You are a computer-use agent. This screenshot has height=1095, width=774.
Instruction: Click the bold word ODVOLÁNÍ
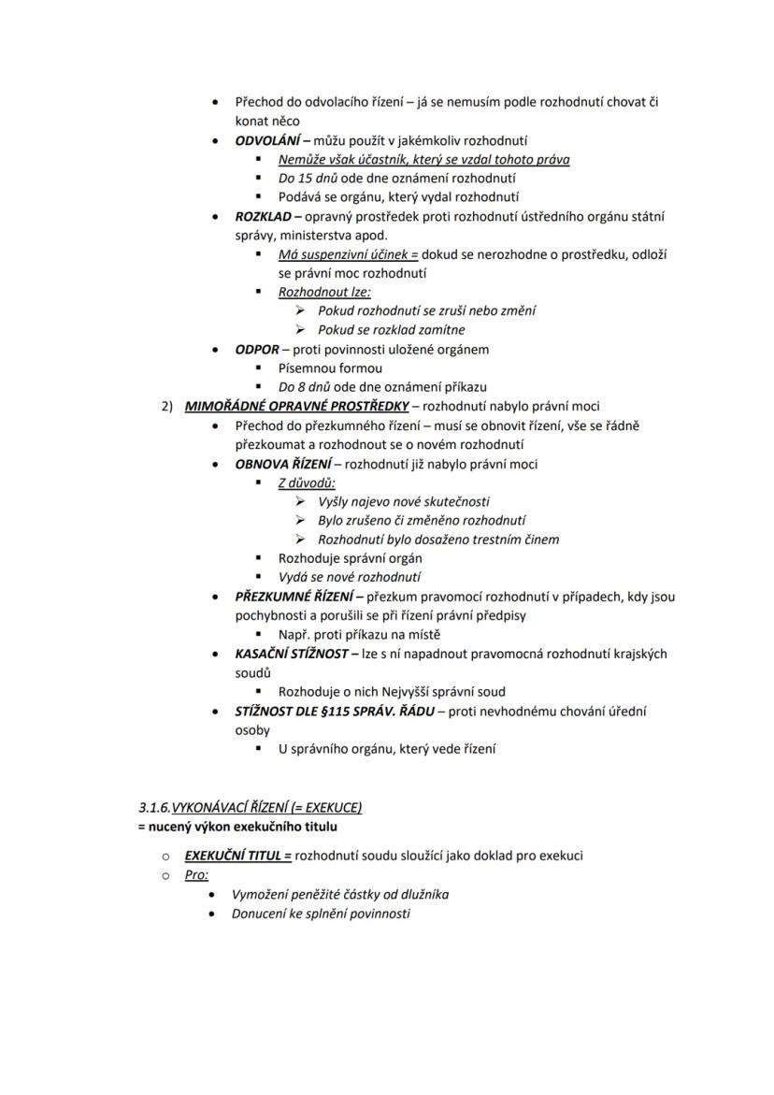tap(265, 140)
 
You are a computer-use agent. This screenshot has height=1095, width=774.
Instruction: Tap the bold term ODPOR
tap(257, 350)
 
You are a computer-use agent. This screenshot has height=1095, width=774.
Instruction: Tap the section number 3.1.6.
tap(154, 807)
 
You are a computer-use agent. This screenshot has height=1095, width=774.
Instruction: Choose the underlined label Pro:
tap(196, 875)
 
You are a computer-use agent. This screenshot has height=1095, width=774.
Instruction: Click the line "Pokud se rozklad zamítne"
tap(391, 330)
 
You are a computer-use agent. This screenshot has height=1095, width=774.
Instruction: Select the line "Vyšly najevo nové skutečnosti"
tap(403, 502)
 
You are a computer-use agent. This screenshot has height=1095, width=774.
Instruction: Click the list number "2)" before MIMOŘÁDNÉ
tap(167, 406)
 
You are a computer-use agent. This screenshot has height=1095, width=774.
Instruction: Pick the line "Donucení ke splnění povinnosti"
tap(321, 914)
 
